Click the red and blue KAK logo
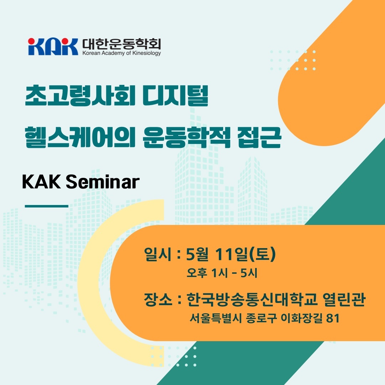tap(53, 47)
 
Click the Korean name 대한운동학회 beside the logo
tap(122, 44)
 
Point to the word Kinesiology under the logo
tap(147, 53)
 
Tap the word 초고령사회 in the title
tap(80, 96)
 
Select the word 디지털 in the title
tap(175, 96)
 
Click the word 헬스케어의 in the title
tap(80, 138)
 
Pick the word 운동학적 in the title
tap(186, 138)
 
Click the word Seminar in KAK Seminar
tap(103, 182)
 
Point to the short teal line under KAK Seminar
tap(46, 206)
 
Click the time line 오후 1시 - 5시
tap(222, 273)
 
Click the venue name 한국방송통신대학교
tap(252, 299)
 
